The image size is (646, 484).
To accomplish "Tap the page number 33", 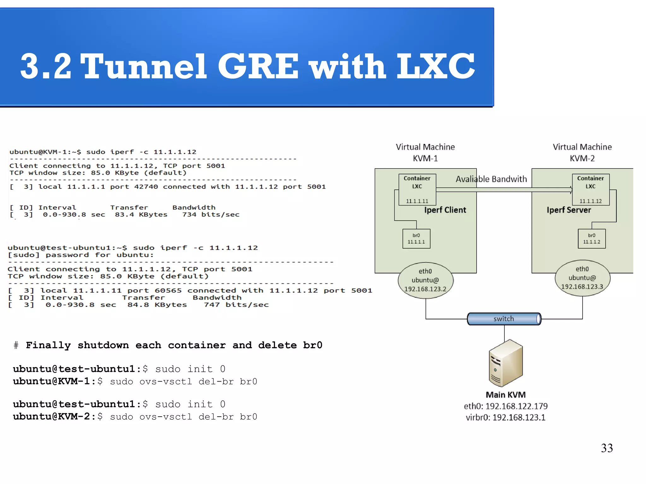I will click(x=607, y=448).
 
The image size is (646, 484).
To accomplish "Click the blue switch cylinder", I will click(x=504, y=319).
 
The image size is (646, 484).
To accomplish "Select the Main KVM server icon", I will click(x=506, y=363).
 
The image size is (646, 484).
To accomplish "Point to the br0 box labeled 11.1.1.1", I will click(x=416, y=239).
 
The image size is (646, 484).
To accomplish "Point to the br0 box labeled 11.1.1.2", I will click(x=591, y=239).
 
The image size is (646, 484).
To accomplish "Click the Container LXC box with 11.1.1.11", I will click(x=417, y=190).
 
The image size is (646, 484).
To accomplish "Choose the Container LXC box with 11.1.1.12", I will click(x=590, y=190).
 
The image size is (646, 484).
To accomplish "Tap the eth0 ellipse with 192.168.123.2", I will click(x=426, y=280).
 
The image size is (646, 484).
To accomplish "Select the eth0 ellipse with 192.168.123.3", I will click(x=582, y=278).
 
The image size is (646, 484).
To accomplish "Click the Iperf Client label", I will click(x=445, y=210).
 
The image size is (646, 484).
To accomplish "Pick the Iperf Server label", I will click(x=569, y=210).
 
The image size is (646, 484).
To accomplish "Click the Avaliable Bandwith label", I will click(x=491, y=179).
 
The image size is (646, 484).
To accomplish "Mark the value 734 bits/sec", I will click(x=211, y=215).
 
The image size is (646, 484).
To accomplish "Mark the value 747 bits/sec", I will click(x=236, y=305).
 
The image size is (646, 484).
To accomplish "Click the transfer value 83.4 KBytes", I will click(x=141, y=215).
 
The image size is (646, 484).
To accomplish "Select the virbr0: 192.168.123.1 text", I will click(x=505, y=418).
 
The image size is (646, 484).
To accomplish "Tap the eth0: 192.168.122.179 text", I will click(x=505, y=406).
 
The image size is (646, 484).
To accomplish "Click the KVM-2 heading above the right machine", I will click(x=582, y=158).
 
